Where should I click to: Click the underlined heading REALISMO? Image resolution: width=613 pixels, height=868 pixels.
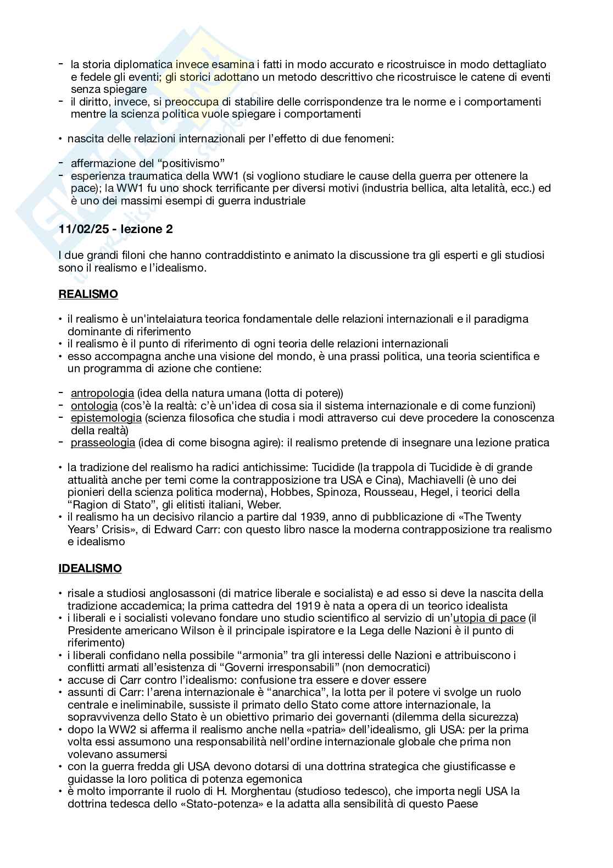pyautogui.click(x=88, y=294)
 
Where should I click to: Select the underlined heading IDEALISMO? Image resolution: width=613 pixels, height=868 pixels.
pyautogui.click(x=90, y=568)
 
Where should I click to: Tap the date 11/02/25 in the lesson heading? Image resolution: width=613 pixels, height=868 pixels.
pyautogui.click(x=81, y=229)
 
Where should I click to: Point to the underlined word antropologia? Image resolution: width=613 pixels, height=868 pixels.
pyautogui.click(x=102, y=393)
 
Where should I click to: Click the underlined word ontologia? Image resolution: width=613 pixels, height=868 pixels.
pyautogui.click(x=94, y=406)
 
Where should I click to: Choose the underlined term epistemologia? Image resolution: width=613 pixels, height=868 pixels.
pyautogui.click(x=106, y=418)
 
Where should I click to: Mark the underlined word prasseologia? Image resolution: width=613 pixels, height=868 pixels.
pyautogui.click(x=103, y=443)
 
